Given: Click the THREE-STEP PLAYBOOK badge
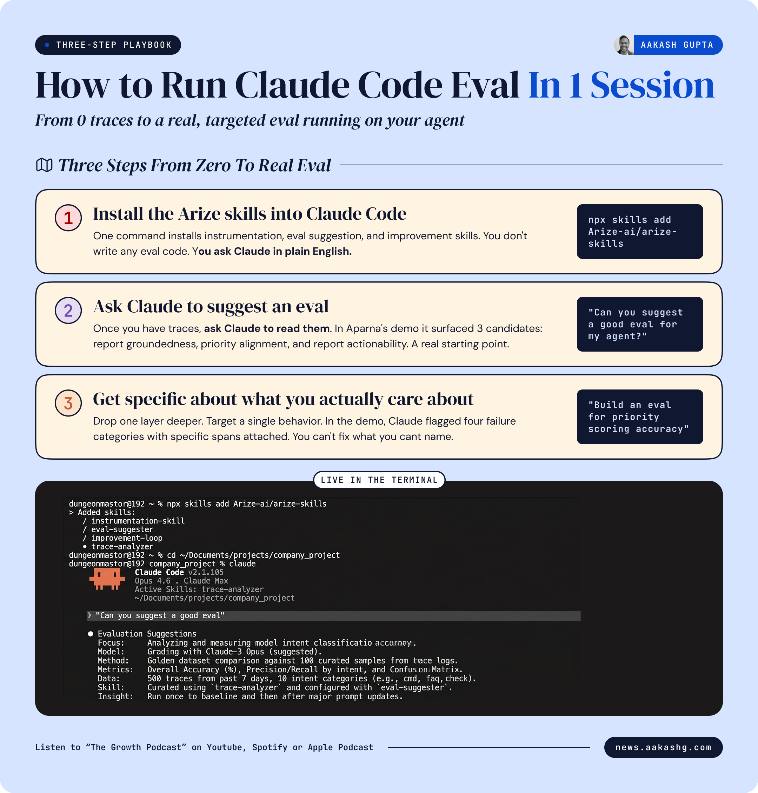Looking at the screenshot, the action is pyautogui.click(x=108, y=45).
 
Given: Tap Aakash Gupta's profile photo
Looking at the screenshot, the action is pyautogui.click(x=624, y=45).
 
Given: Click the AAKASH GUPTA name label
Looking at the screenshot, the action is pyautogui.click(x=677, y=45).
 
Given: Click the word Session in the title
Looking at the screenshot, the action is pyautogui.click(x=652, y=85).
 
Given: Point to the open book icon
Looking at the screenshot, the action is pyautogui.click(x=45, y=165).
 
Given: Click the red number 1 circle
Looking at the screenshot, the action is pyautogui.click(x=68, y=218).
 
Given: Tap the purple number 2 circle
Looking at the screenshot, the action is pyautogui.click(x=68, y=310).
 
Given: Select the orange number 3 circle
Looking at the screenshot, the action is pyautogui.click(x=68, y=403).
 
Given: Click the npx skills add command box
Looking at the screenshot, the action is pyautogui.click(x=640, y=232).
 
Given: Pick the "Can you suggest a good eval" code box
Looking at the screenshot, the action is pyautogui.click(x=640, y=324).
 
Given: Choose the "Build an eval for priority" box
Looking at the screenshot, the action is pyautogui.click(x=640, y=417).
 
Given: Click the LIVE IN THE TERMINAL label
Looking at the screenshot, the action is pyautogui.click(x=379, y=480).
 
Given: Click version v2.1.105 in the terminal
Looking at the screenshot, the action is pyautogui.click(x=206, y=572).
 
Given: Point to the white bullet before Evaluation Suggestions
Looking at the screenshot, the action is pyautogui.click(x=91, y=634).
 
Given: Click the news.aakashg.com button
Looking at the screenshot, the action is pyautogui.click(x=663, y=747).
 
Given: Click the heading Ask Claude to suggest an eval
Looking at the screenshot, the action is pyautogui.click(x=211, y=307).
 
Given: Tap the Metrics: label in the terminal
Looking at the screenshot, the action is pyautogui.click(x=115, y=669).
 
